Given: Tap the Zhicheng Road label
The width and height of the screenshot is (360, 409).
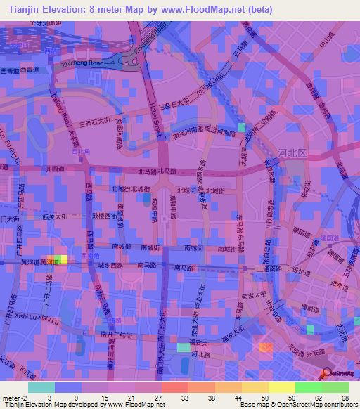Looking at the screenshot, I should pyautogui.click(x=82, y=63).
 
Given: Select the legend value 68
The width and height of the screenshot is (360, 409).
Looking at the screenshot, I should pyautogui.click(x=344, y=398).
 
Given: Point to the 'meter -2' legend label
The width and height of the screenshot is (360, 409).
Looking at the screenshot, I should pyautogui.click(x=15, y=398).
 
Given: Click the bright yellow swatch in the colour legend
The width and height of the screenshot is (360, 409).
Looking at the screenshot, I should pyautogui.click(x=281, y=387).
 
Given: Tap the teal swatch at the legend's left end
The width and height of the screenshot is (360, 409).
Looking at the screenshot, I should pyautogui.click(x=41, y=387).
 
